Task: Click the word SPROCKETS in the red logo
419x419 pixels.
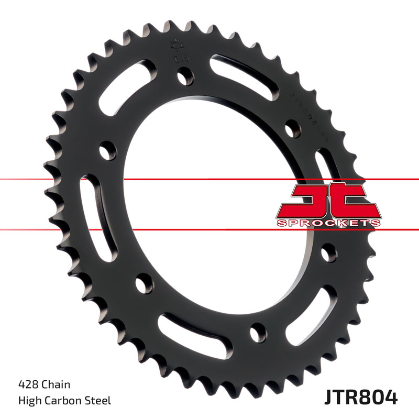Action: (328, 223)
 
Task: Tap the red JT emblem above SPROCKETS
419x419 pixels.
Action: (328, 200)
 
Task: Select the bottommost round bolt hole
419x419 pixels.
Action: (257, 332)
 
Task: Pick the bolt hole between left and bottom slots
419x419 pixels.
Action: (141, 284)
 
